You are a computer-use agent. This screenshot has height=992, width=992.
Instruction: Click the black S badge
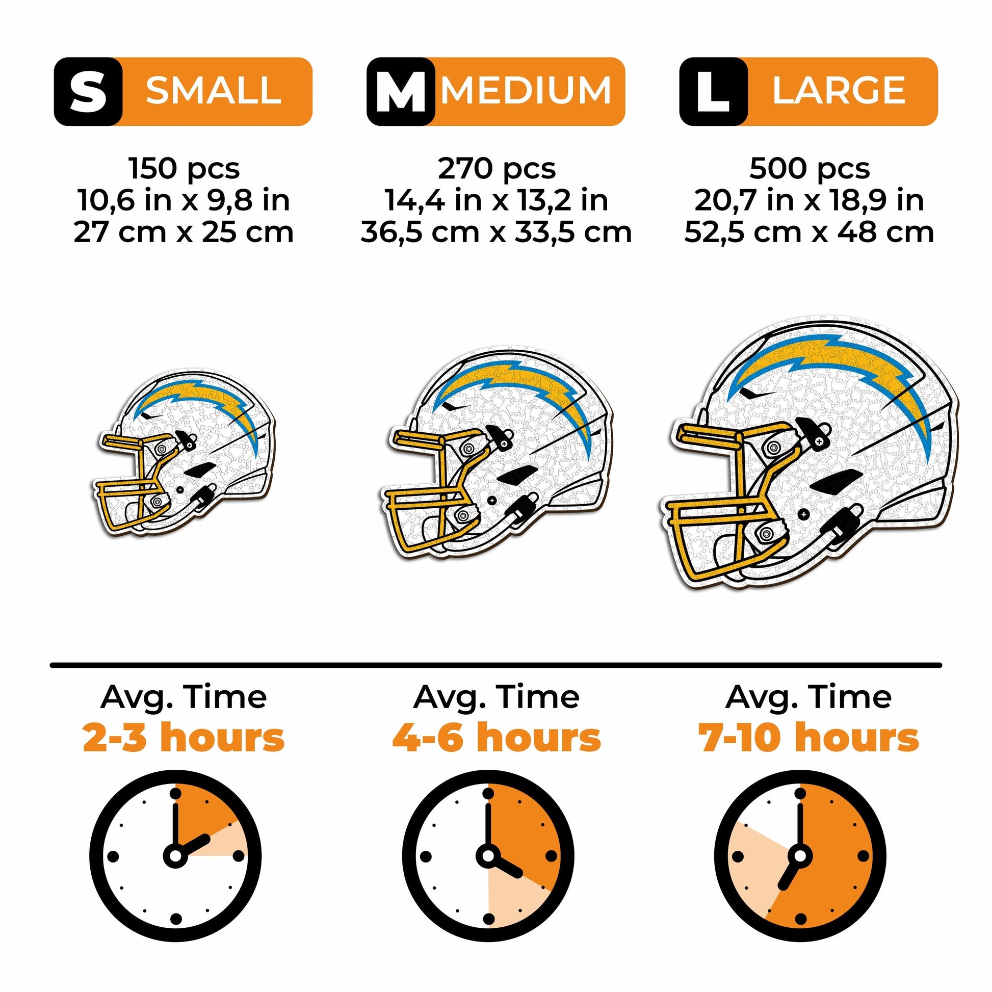click(x=88, y=91)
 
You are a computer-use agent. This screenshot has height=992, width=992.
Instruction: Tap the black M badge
click(x=401, y=91)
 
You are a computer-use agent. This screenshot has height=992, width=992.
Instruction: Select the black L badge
click(x=714, y=91)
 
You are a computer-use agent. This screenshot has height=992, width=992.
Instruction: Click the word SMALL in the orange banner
click(x=214, y=91)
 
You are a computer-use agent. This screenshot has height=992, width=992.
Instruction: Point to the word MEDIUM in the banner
click(x=527, y=91)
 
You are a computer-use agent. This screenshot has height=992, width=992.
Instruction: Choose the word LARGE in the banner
click(x=839, y=91)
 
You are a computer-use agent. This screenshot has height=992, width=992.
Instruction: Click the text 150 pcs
click(x=185, y=168)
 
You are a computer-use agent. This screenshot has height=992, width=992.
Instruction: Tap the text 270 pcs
click(x=497, y=168)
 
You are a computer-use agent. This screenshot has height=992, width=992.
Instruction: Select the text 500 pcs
click(x=810, y=168)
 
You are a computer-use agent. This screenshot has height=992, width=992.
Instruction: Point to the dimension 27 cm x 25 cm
click(x=184, y=232)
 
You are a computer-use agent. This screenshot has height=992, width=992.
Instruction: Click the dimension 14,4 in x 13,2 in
click(x=497, y=200)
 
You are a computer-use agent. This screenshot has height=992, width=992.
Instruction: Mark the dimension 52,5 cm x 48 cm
click(x=809, y=232)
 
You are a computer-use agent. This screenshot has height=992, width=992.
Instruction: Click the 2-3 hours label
click(x=184, y=738)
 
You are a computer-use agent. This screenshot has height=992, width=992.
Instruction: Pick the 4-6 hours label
click(x=497, y=738)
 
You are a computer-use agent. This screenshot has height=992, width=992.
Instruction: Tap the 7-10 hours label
click(x=808, y=738)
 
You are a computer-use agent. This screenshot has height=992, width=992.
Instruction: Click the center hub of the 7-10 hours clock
click(x=799, y=856)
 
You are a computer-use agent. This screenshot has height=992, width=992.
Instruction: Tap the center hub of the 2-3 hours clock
click(x=175, y=856)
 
